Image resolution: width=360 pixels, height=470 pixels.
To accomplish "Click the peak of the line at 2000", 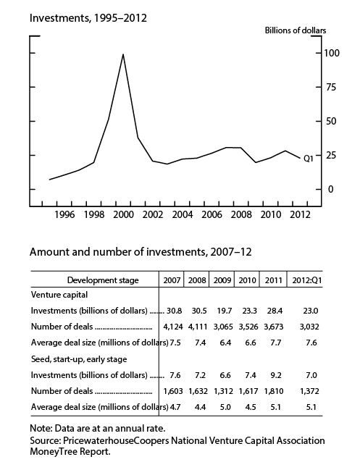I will click(x=123, y=54).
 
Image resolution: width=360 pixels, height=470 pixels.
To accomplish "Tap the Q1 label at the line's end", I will click(x=308, y=159).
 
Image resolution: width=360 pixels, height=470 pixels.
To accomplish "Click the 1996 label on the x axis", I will click(x=64, y=214).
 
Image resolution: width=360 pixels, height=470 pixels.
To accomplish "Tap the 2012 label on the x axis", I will click(x=301, y=214).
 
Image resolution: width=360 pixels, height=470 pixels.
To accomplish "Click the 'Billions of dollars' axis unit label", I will click(x=294, y=30).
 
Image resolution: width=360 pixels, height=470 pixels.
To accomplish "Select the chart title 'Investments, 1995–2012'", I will click(x=88, y=17).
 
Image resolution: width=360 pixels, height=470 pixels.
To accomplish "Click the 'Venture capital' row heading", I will click(x=59, y=295).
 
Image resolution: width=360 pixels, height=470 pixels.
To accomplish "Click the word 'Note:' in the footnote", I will click(x=41, y=428).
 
